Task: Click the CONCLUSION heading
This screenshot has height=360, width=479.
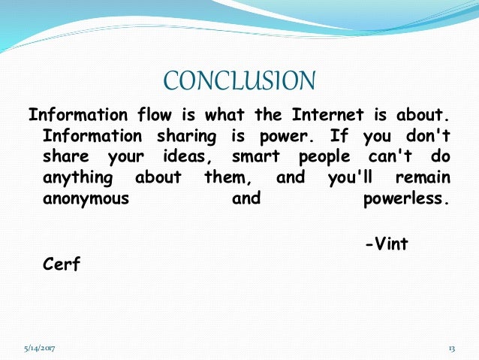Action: (239, 80)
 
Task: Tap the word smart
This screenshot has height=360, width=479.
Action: (256, 158)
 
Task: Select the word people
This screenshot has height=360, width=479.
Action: (324, 158)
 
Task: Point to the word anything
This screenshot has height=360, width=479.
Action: (78, 179)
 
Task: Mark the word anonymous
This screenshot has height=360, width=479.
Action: (86, 200)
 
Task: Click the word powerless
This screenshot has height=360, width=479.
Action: (406, 200)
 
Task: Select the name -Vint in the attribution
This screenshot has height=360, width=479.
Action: (386, 243)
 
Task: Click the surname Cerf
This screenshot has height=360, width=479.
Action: (62, 264)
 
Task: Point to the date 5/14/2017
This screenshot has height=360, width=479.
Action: (38, 349)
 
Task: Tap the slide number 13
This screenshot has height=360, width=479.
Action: (452, 349)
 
